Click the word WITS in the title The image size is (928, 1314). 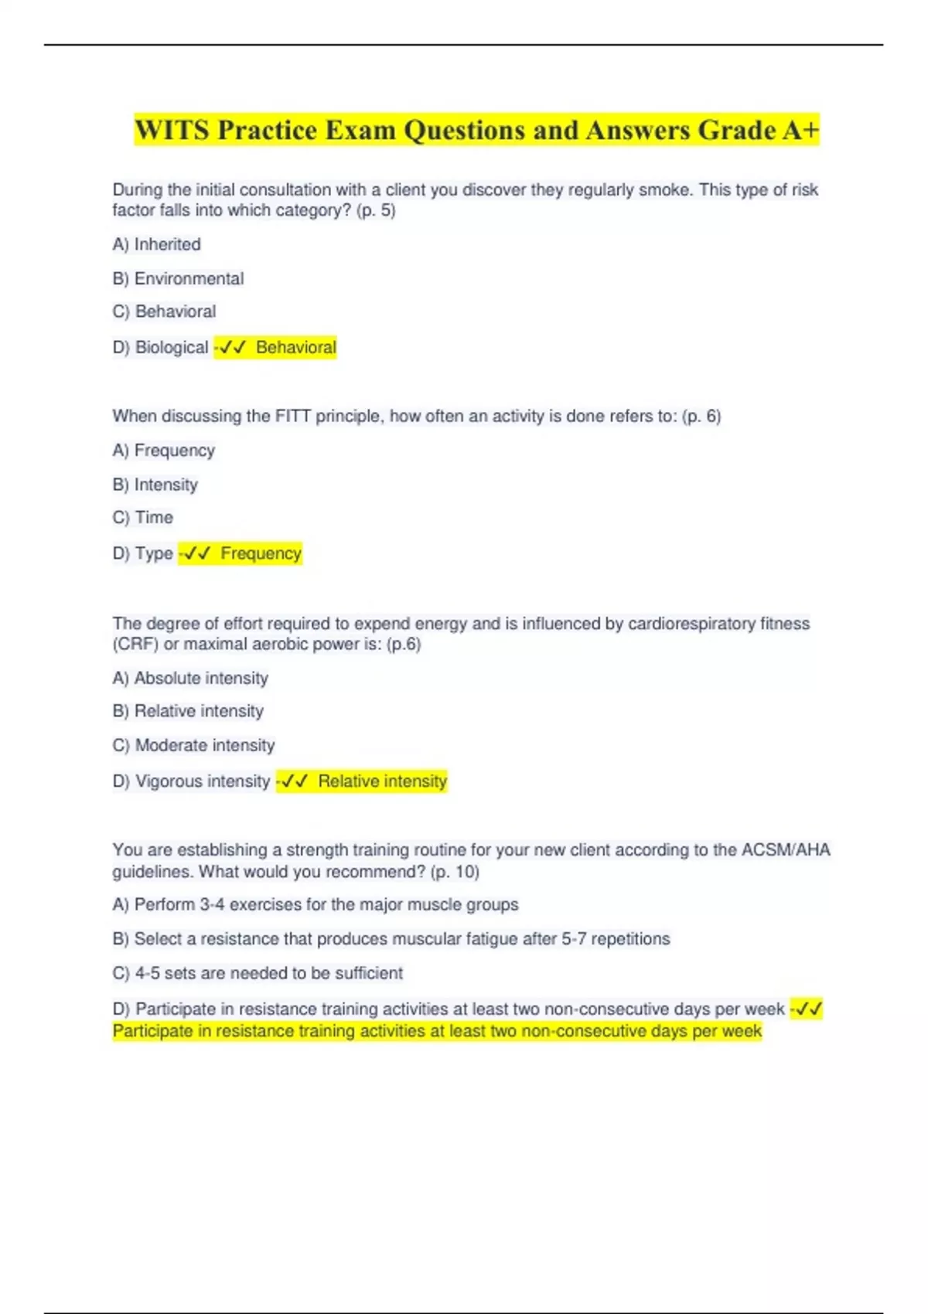172,130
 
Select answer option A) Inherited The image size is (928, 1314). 157,244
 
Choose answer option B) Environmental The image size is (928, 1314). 179,278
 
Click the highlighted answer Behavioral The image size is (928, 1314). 296,348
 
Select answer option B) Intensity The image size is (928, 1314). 155,485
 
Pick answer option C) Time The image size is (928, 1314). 143,517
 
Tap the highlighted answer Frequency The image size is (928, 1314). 261,553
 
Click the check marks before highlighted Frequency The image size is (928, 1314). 199,553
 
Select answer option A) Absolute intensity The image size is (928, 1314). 191,678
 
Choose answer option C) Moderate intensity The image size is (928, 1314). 194,745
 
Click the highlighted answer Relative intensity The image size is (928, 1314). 382,781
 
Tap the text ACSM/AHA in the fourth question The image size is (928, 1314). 785,849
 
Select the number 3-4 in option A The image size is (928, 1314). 212,904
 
